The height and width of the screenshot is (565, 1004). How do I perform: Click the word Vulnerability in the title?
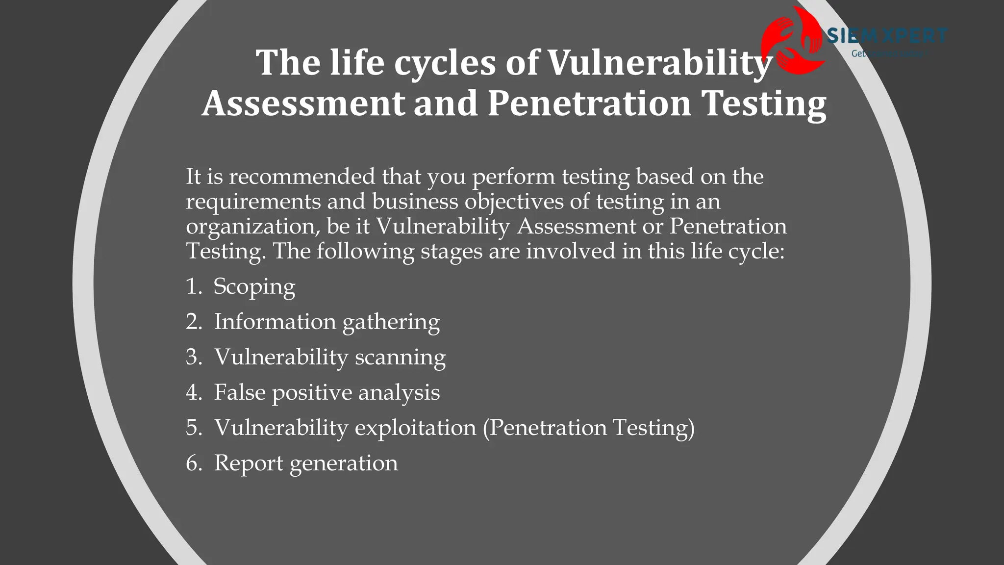click(x=659, y=64)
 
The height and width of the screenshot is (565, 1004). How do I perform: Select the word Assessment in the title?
click(x=303, y=104)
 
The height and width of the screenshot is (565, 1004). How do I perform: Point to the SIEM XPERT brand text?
click(x=887, y=36)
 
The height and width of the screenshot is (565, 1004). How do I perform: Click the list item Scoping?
click(x=254, y=287)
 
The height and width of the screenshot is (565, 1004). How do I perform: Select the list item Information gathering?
click(x=326, y=322)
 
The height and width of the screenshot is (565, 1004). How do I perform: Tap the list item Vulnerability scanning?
click(x=329, y=357)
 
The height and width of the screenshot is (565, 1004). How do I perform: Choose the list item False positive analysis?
click(x=326, y=392)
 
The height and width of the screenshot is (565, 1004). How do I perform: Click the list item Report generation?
click(x=306, y=463)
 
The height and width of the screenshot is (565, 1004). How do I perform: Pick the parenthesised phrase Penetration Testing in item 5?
click(x=589, y=428)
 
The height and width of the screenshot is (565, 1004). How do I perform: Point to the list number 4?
click(x=194, y=392)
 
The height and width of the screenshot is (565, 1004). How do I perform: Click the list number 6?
click(x=194, y=463)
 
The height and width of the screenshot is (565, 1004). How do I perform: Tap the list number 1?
click(x=194, y=287)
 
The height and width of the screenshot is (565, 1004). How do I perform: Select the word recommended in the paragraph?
click(x=301, y=177)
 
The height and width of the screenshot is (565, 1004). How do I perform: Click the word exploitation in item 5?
click(x=415, y=428)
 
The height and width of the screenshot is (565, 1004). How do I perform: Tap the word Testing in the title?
click(x=764, y=104)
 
